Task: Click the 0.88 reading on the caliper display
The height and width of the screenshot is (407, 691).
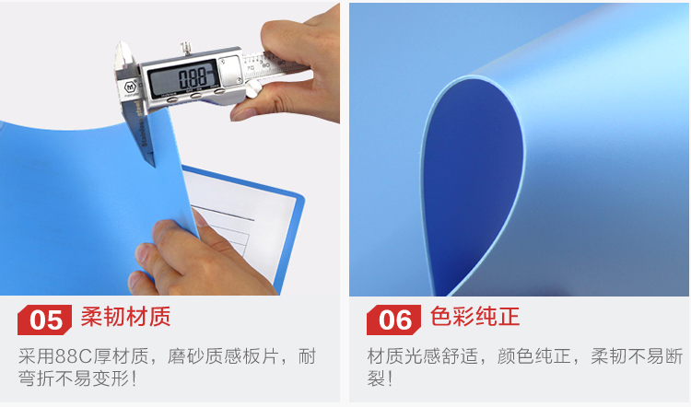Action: [193, 78]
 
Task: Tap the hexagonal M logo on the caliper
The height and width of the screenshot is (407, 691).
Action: [131, 87]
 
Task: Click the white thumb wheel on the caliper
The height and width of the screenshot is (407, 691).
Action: [252, 90]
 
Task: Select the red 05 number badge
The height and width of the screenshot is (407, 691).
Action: [44, 320]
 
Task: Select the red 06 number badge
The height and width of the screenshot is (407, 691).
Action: [393, 320]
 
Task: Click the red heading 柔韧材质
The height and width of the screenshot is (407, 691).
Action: [125, 317]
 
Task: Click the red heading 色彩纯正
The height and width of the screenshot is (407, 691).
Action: [474, 317]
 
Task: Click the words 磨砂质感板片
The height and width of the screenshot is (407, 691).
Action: [223, 356]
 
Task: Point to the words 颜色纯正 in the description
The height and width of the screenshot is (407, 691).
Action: [534, 356]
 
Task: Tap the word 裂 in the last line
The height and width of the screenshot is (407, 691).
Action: [376, 378]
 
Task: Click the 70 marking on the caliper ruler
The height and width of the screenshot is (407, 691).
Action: [251, 68]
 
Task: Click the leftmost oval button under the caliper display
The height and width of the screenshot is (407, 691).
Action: [172, 99]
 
